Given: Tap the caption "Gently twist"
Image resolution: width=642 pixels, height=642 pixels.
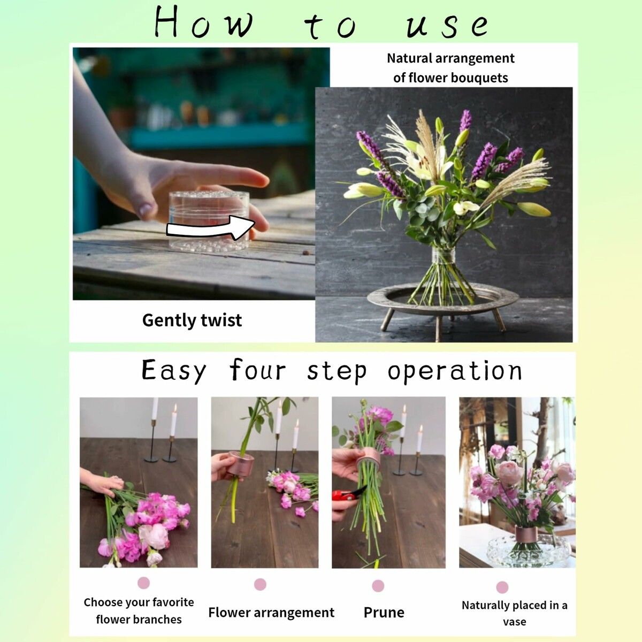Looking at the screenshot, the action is [192, 320].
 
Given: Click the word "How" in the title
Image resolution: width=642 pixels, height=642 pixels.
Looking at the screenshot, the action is [204, 22].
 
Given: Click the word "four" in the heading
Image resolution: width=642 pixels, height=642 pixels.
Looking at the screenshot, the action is [257, 370].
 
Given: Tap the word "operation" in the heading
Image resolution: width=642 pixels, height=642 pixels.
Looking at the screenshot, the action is [455, 371].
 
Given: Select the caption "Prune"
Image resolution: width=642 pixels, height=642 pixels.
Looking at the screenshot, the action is [384, 613].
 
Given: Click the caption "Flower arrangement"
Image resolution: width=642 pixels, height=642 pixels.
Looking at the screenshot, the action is [271, 613].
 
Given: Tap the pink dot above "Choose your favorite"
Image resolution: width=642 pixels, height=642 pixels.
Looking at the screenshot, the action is [143, 583].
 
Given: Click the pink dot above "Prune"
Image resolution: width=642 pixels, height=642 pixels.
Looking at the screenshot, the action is [378, 586].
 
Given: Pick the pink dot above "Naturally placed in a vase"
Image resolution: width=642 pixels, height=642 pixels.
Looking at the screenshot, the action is [502, 587].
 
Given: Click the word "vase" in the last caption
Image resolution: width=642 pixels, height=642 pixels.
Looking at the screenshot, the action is [515, 622].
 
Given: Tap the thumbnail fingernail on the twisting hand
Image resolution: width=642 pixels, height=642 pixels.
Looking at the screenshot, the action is [146, 210].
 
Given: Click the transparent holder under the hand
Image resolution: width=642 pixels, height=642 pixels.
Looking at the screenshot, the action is [209, 221].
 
